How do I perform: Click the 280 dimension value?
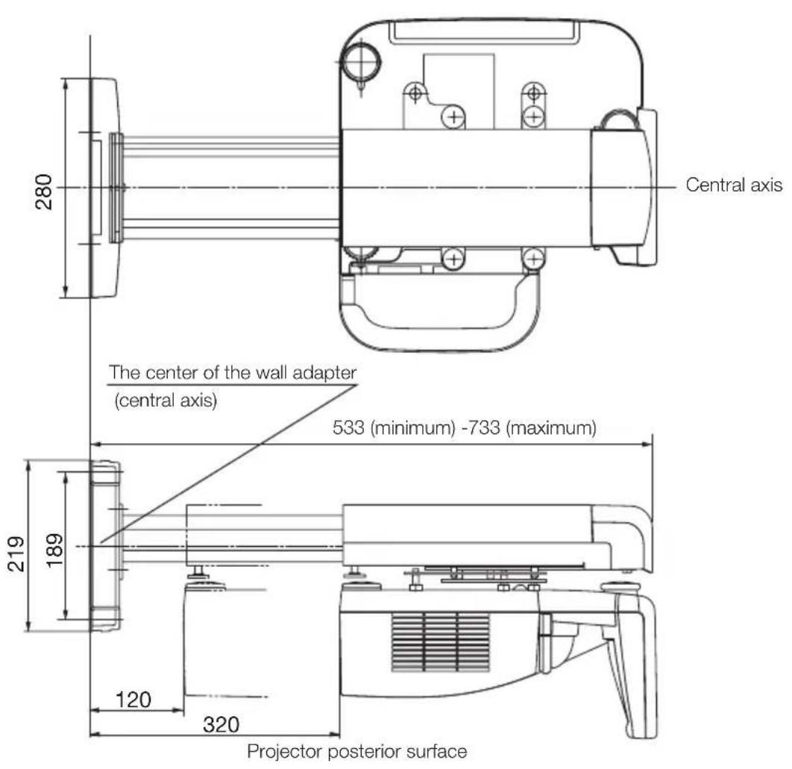[x=47, y=191]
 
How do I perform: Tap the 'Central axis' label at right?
[x=734, y=186]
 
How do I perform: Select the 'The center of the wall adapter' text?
[x=232, y=372]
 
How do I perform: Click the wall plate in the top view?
[x=103, y=187]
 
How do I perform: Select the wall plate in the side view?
[x=104, y=546]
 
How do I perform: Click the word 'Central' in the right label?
[x=709, y=186]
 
